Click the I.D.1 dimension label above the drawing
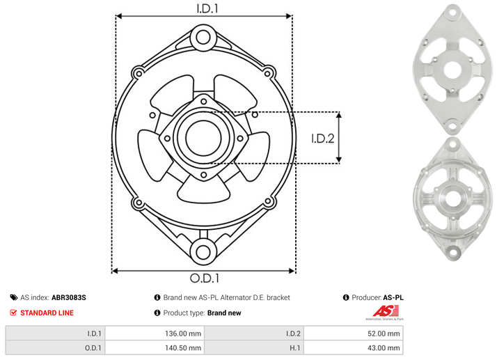click(x=207, y=8)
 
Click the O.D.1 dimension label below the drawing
click(x=205, y=278)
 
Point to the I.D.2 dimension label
click(x=323, y=139)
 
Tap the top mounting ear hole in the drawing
click(x=203, y=38)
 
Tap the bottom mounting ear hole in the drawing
click(x=203, y=252)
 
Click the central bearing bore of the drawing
click(x=203, y=138)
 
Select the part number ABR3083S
click(x=69, y=297)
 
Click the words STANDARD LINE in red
click(x=47, y=313)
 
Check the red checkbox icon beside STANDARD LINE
click(x=13, y=313)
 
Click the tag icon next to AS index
click(x=14, y=297)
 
